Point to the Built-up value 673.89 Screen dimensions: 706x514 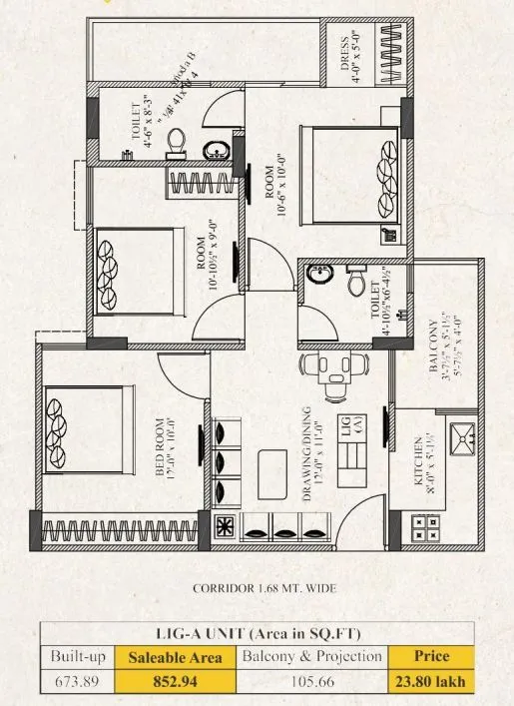77,684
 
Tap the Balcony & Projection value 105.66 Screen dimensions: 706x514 311,684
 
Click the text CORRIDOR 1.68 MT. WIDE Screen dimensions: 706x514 257,589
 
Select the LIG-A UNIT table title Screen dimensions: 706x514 257,632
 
